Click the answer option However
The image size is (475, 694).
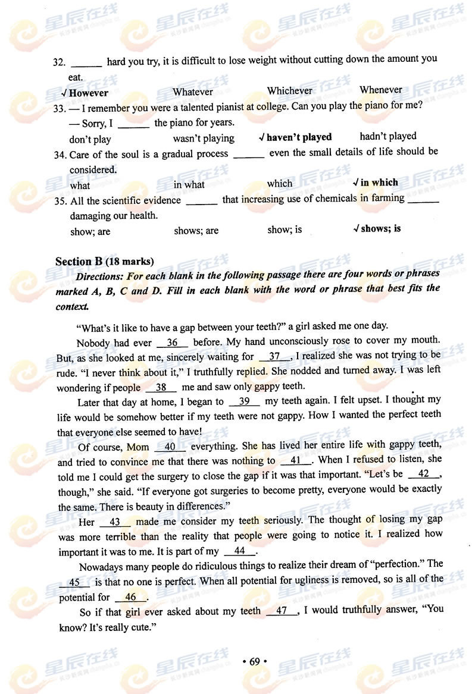tap(88, 93)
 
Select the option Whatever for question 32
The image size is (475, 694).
tap(192, 92)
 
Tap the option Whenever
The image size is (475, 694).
tap(380, 90)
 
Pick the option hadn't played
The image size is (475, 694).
tap(387, 136)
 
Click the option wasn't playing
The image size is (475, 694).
tap(204, 139)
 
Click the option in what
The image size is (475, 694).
tap(189, 184)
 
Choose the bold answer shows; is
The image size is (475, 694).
tap(380, 228)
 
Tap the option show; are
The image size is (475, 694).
tap(90, 231)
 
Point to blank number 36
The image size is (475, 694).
tap(173, 343)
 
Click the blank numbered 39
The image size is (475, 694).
tap(243, 401)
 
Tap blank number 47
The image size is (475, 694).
tap(282, 611)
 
